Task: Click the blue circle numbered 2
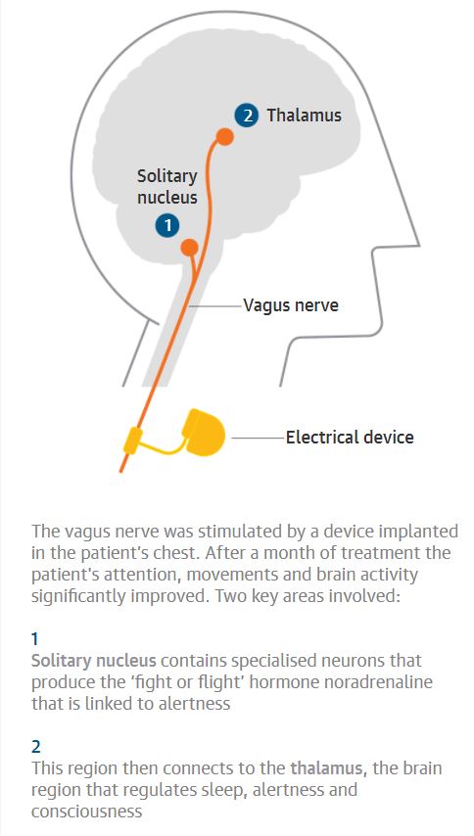247,116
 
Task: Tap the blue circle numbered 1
167,225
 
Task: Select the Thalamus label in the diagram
304,116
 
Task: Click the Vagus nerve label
291,305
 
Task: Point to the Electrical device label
350,438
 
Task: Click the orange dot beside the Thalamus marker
225,137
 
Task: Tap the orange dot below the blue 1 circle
189,248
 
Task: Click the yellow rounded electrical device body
204,435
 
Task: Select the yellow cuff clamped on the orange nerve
133,440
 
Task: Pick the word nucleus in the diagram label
167,198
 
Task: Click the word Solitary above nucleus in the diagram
167,176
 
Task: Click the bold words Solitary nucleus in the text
94,661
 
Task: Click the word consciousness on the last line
86,812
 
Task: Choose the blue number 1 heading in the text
35,638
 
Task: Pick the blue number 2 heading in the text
35,746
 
